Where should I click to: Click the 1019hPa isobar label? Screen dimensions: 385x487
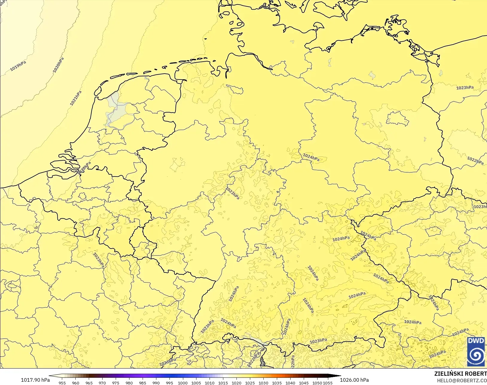[x=18, y=66]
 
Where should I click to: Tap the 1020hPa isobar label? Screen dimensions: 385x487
[x=58, y=65]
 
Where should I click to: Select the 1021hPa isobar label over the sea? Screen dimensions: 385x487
[x=76, y=98]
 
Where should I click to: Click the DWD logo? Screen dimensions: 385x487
[x=476, y=351]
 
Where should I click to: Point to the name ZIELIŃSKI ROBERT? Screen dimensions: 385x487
[x=460, y=374]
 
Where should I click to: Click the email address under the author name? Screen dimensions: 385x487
[x=462, y=381]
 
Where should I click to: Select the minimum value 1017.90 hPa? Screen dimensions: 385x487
[x=35, y=380]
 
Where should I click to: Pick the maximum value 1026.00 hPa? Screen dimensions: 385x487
[x=354, y=380]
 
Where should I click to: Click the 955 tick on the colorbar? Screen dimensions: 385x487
[x=62, y=383]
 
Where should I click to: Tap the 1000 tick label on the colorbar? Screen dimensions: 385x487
[x=183, y=383]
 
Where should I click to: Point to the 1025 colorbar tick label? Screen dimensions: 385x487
[x=250, y=383]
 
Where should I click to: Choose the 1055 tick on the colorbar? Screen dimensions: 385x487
[x=328, y=383]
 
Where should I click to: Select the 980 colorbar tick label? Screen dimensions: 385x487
[x=129, y=383]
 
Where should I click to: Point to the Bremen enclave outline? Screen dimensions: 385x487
[x=235, y=89]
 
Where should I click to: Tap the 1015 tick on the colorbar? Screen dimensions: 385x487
[x=223, y=383]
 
